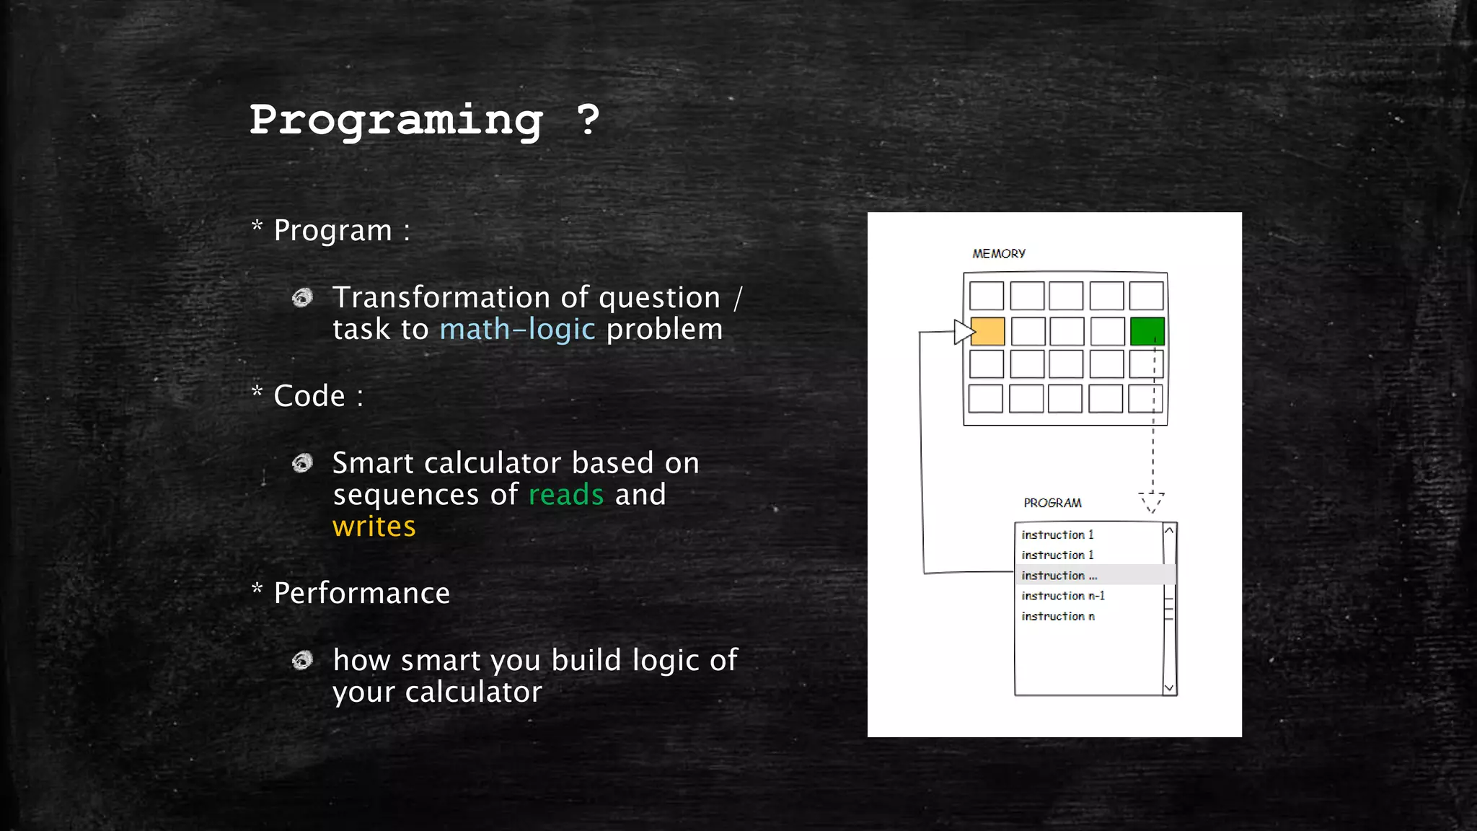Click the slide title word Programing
coord(396,120)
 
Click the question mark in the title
coord(588,119)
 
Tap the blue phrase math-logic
coord(517,330)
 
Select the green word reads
coord(566,495)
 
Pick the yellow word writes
coord(374,527)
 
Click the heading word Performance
coord(361,593)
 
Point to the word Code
coord(309,396)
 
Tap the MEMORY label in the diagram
coord(998,254)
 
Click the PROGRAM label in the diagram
coord(1052,503)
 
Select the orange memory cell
coord(987,332)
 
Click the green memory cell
coord(1147,332)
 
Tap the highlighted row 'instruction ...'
coord(1059,575)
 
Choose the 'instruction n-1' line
coord(1062,596)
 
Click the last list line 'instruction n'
coord(1057,616)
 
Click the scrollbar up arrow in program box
coord(1169,531)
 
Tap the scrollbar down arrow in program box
coord(1169,687)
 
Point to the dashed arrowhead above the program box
coord(1151,502)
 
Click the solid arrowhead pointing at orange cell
coord(964,332)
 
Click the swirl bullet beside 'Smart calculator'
coord(302,463)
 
